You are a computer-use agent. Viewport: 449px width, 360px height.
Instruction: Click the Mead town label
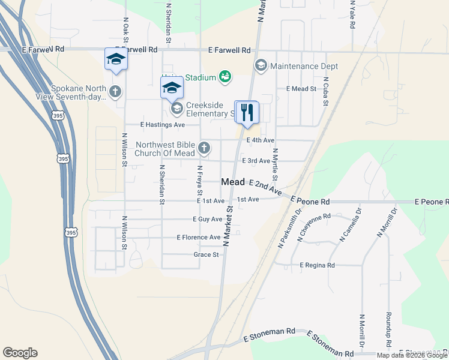(233, 182)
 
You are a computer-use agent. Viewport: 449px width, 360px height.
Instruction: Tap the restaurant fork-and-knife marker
(246, 112)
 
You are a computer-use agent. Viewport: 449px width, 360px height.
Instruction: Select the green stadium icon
(225, 76)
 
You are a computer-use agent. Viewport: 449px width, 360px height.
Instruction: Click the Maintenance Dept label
(304, 66)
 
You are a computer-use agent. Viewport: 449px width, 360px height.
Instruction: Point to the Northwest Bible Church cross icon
(204, 148)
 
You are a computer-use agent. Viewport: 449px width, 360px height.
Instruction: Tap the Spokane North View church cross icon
(115, 92)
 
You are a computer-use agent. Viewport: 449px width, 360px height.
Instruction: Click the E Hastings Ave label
(163, 125)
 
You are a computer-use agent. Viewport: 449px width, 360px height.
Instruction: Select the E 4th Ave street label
(261, 140)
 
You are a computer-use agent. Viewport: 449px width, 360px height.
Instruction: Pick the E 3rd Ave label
(256, 161)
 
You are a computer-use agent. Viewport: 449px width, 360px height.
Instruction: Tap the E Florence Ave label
(199, 238)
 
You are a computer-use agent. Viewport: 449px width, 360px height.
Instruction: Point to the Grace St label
(205, 254)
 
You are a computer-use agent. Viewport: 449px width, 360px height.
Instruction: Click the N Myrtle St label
(275, 164)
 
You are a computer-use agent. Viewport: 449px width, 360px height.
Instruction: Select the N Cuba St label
(325, 91)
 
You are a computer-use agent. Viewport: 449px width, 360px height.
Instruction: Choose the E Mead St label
(301, 89)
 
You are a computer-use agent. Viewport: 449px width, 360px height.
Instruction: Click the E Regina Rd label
(318, 265)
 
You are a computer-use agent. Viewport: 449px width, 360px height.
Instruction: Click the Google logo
(20, 353)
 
